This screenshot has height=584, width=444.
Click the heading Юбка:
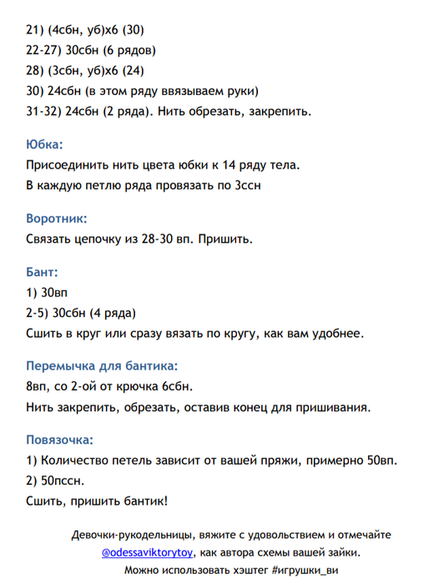[x=44, y=143]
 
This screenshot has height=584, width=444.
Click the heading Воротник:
[x=57, y=219]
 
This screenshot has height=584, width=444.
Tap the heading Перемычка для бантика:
[x=103, y=365]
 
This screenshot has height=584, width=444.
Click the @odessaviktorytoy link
[x=148, y=552]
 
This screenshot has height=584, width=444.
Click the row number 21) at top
[x=35, y=30]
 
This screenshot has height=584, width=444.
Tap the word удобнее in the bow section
[x=336, y=335]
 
